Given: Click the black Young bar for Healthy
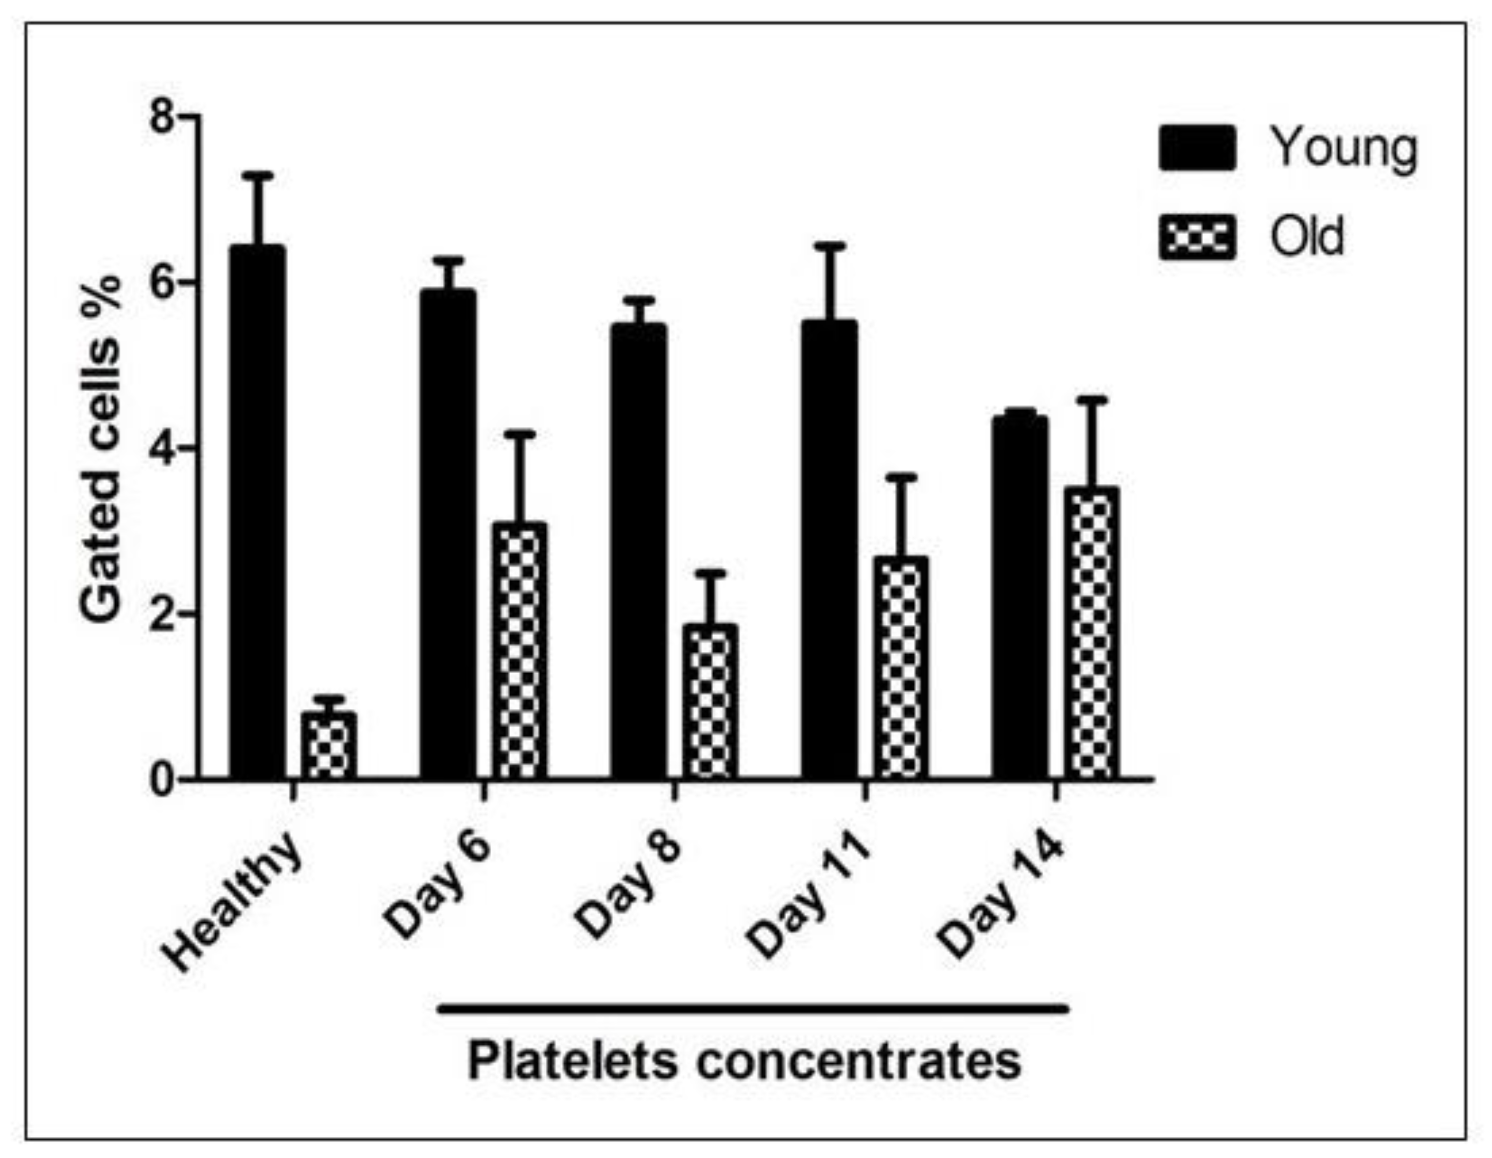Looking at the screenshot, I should click(x=258, y=512).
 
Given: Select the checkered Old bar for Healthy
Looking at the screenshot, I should click(x=329, y=746).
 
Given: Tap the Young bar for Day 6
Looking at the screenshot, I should click(x=448, y=533).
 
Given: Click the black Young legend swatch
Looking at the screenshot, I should click(x=1197, y=148).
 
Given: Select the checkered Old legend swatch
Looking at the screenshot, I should click(x=1197, y=237).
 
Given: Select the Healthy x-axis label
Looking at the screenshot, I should click(x=232, y=902).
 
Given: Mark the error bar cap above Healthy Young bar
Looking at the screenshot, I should click(x=258, y=176).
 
